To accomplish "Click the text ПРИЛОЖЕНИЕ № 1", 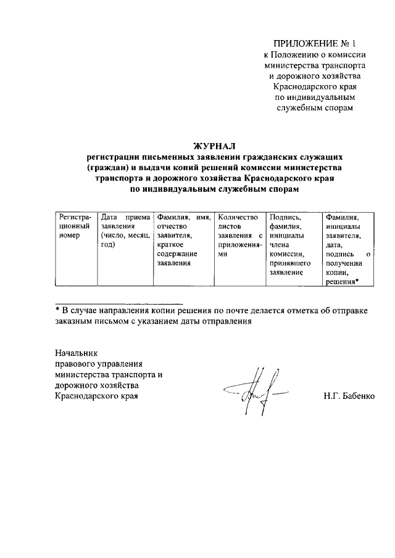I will click(313, 43).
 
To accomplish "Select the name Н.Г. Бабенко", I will click(349, 395).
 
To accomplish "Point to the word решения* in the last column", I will click(342, 282).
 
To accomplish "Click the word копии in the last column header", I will click(336, 273).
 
